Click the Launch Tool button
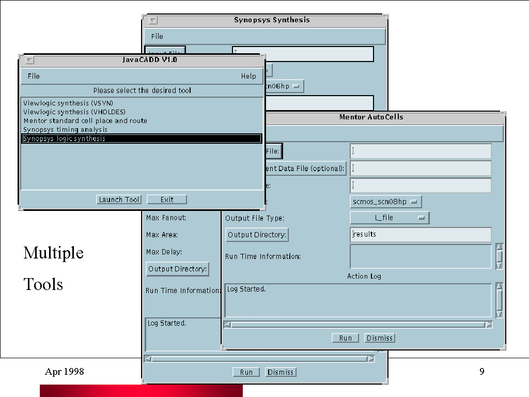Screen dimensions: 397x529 tap(119, 200)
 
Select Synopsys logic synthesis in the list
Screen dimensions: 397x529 tap(142, 139)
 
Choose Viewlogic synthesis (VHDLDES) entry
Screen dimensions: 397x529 tap(74, 112)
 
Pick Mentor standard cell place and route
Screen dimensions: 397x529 tap(85, 120)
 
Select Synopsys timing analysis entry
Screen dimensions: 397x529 tap(65, 129)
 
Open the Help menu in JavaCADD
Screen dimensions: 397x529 tap(248, 76)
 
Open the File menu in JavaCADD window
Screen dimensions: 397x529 tap(34, 76)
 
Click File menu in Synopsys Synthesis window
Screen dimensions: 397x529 tap(157, 36)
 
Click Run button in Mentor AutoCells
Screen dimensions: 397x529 tap(346, 338)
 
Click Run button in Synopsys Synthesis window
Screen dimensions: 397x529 tap(246, 372)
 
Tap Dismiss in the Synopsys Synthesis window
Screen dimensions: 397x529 tap(281, 372)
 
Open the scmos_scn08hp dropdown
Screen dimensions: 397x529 tap(386, 201)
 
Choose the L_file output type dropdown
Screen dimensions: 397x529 tap(390, 218)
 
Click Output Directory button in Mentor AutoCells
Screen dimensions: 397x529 tap(257, 235)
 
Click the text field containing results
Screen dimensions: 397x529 tap(421, 235)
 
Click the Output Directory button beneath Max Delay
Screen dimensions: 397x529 tap(178, 269)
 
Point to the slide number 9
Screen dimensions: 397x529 tap(482, 371)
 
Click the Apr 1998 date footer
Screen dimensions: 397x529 tap(65, 371)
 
